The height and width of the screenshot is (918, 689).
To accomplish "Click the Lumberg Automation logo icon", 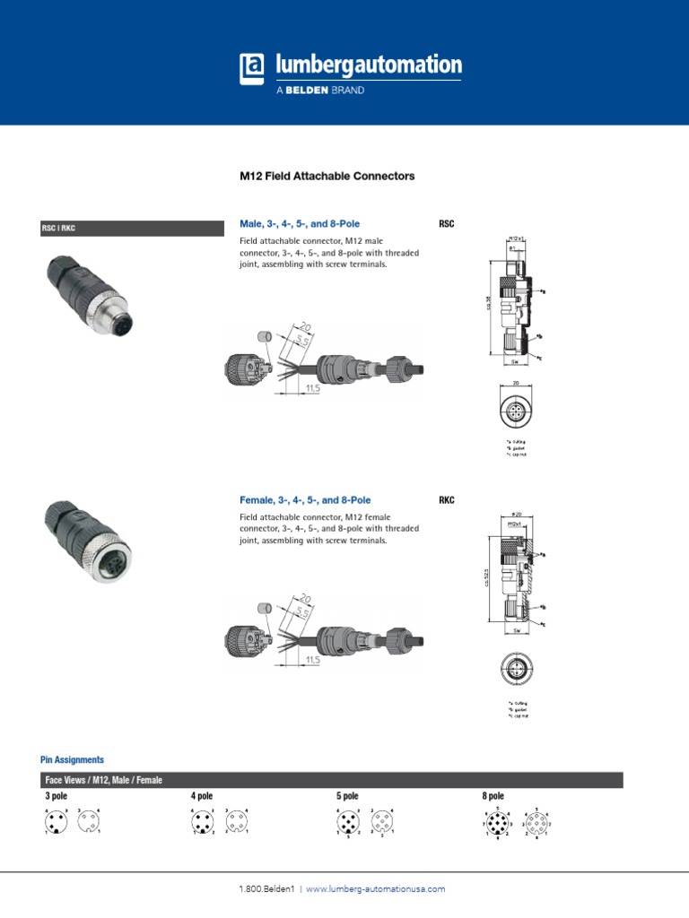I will tap(253, 69).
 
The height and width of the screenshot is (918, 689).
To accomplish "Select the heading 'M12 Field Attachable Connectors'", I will tap(327, 177).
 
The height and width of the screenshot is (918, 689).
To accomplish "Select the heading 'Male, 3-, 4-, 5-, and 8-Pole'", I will tap(304, 223).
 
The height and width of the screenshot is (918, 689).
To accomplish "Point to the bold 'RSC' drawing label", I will tap(446, 223).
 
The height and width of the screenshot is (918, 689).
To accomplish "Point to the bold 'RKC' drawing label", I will tap(446, 500).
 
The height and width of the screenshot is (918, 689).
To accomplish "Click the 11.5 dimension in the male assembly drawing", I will tap(312, 388).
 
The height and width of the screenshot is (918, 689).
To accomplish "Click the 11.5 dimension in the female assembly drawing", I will tap(312, 661).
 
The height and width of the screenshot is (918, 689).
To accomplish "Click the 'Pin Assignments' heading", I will tap(72, 759).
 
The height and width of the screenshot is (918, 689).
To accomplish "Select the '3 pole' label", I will tap(56, 795).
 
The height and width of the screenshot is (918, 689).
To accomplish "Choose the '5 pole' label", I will tap(347, 795).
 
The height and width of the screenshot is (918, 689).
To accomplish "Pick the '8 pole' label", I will tap(493, 795).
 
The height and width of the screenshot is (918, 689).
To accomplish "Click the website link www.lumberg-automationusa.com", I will tap(375, 888).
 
